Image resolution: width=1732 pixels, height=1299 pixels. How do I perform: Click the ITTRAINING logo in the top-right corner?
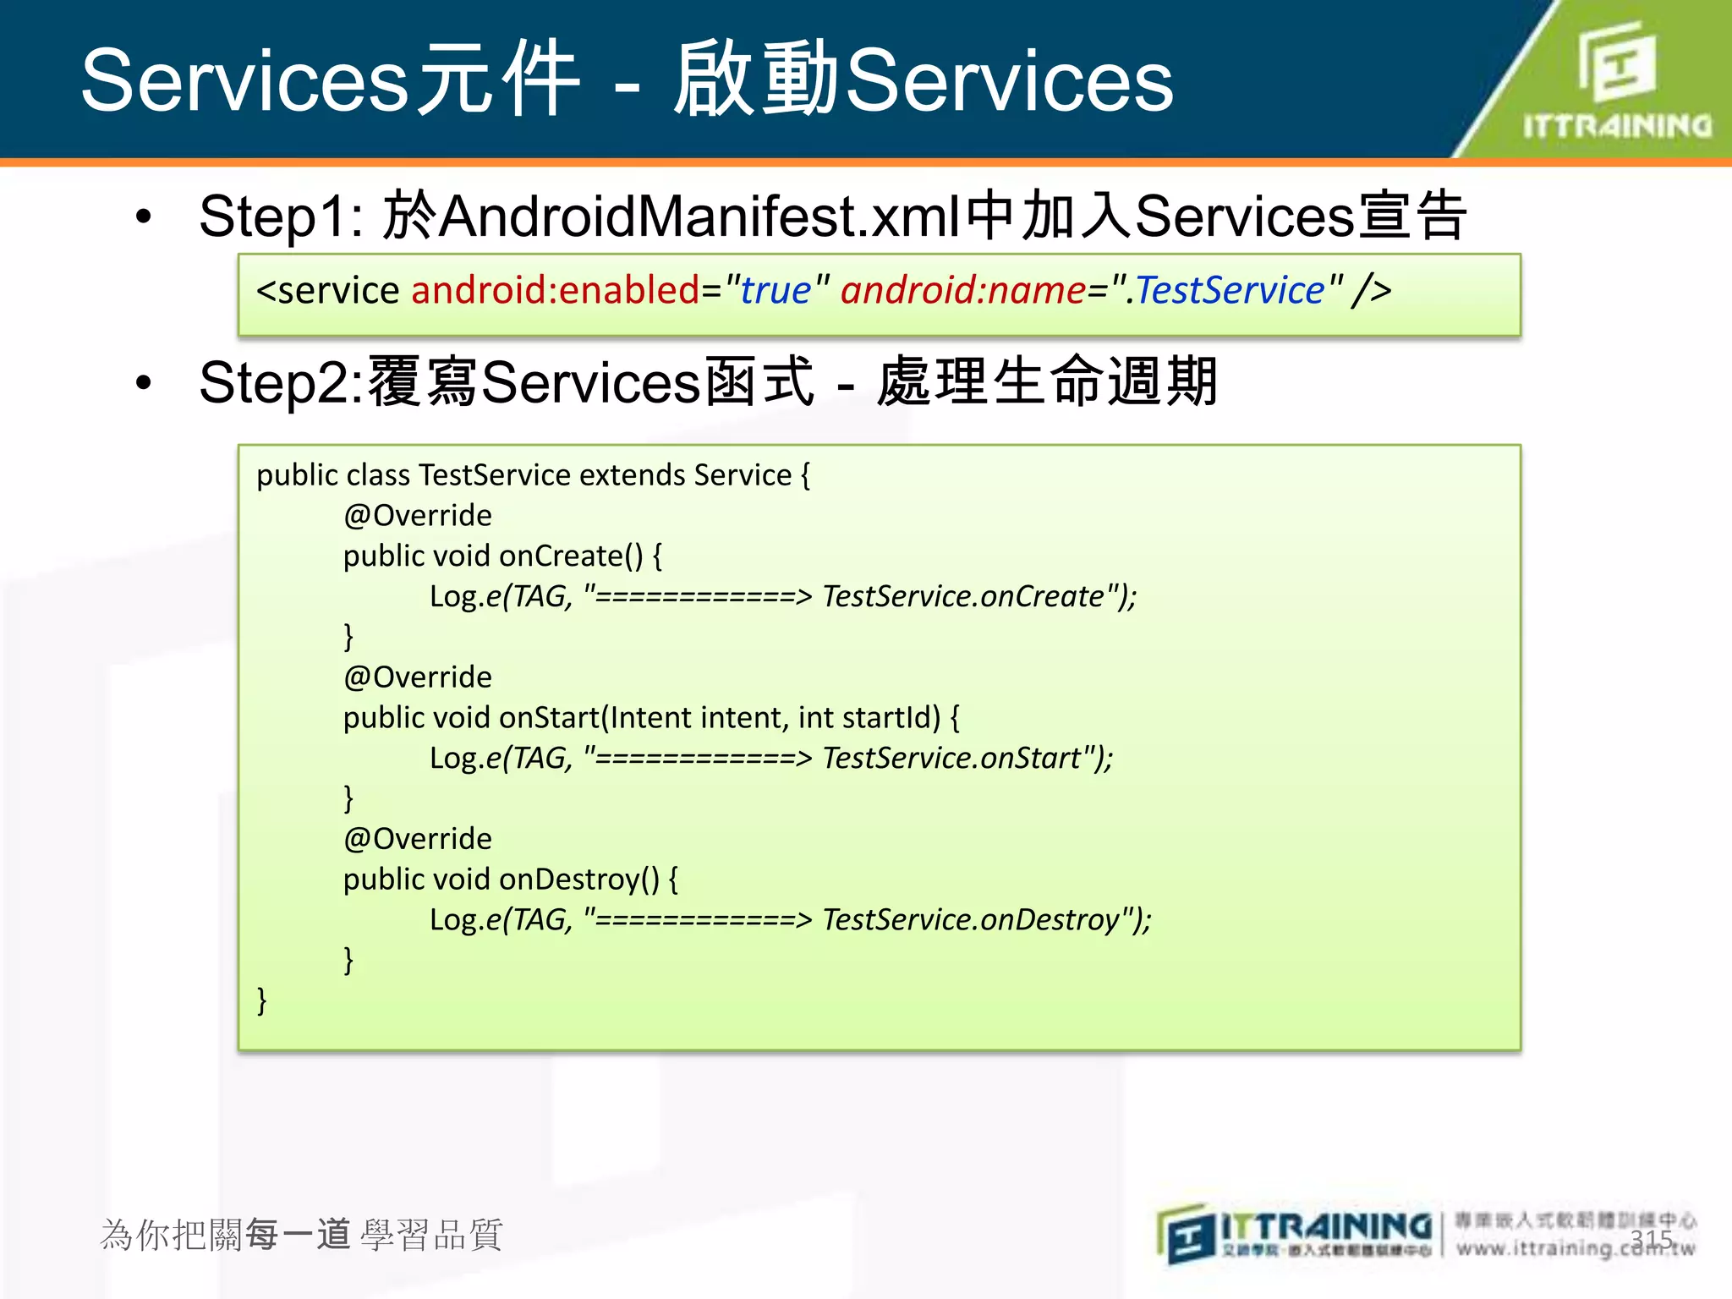[x=1616, y=80]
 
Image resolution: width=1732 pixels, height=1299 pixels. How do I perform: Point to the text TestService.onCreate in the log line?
[x=963, y=596]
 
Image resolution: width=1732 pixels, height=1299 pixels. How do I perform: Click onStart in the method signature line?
[x=549, y=717]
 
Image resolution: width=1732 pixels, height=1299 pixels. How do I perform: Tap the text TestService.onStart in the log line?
[x=951, y=758]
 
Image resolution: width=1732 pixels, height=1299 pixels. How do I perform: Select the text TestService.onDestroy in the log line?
[x=971, y=919]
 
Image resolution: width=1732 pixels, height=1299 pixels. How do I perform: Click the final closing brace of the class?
[x=262, y=1000]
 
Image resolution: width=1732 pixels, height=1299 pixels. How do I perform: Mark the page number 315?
[x=1651, y=1240]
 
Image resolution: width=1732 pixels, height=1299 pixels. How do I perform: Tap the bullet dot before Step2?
[x=144, y=382]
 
